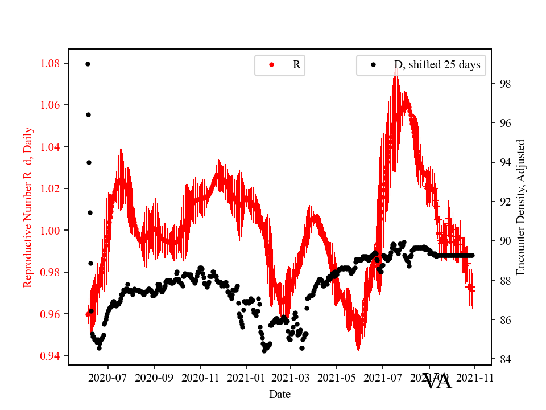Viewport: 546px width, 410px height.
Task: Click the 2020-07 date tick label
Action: click(x=108, y=378)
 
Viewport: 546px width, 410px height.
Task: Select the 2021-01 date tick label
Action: click(x=246, y=378)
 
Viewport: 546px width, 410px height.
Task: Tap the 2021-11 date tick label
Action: click(x=474, y=378)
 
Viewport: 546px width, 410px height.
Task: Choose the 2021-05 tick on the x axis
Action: click(x=337, y=378)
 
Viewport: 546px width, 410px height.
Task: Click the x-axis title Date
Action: click(x=280, y=393)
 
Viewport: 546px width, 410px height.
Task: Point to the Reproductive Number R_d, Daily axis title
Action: click(x=28, y=207)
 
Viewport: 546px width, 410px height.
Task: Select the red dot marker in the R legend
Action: click(x=271, y=65)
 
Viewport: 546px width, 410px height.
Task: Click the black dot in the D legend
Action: click(x=374, y=65)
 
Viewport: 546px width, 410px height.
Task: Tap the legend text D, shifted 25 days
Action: click(x=437, y=65)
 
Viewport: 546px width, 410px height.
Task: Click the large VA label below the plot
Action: click(x=438, y=382)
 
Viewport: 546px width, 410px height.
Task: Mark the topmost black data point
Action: click(x=88, y=64)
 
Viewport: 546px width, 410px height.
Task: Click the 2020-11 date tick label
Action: click(x=200, y=378)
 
